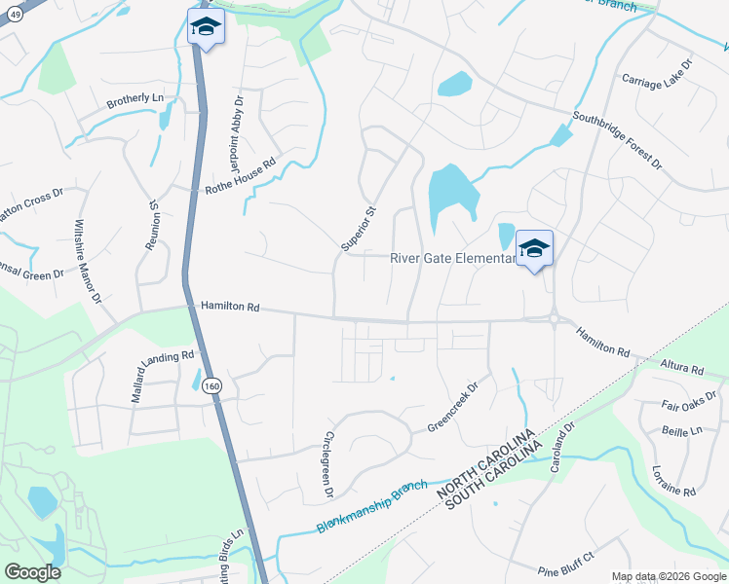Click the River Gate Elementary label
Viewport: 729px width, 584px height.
tap(452, 258)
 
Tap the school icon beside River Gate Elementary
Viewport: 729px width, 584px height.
tap(534, 250)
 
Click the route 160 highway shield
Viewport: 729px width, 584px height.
tap(213, 386)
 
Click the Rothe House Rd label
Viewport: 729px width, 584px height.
tap(241, 175)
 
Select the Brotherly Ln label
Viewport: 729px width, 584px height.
tap(134, 99)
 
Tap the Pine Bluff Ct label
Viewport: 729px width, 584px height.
tap(565, 568)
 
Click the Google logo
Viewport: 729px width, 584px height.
tap(32, 571)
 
